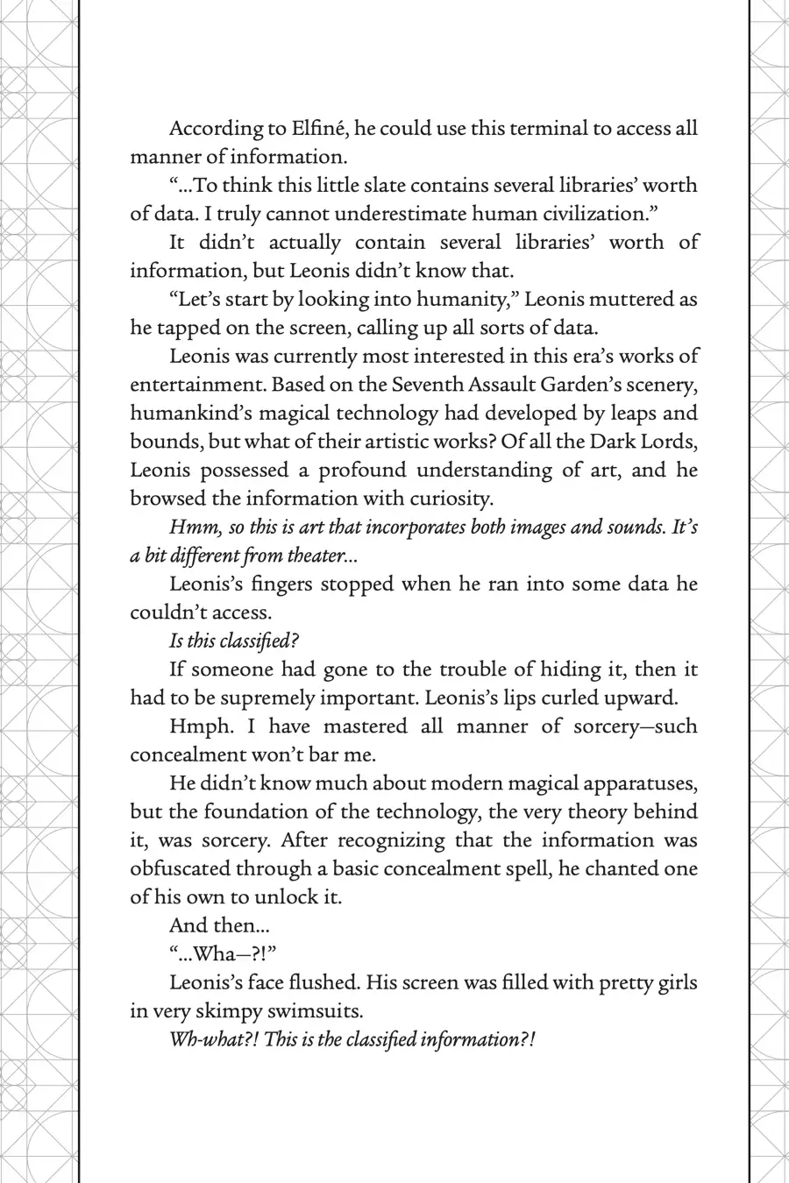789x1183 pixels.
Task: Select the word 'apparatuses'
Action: click(x=638, y=783)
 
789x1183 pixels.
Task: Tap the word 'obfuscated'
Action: click(x=178, y=869)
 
